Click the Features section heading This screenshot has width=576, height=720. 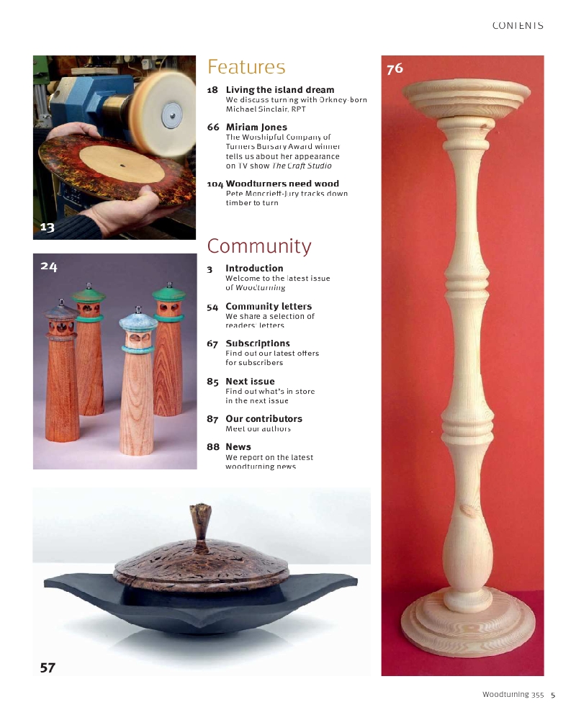[x=246, y=67]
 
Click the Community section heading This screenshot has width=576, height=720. [x=259, y=246]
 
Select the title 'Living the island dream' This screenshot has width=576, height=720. [x=279, y=90]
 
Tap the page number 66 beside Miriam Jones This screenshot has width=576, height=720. [x=213, y=127]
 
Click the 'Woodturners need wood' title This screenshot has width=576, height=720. [x=282, y=184]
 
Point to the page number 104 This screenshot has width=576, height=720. [x=215, y=184]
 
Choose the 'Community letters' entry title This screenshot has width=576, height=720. [x=269, y=306]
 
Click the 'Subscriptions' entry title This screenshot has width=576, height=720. [x=258, y=343]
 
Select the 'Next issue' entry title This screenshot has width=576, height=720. [x=250, y=381]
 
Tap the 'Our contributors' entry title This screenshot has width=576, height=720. [x=264, y=418]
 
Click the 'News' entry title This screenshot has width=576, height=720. [x=238, y=446]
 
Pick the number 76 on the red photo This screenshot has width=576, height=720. [x=395, y=69]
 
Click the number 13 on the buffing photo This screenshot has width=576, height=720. [x=47, y=228]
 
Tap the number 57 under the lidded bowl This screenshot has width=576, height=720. [x=48, y=667]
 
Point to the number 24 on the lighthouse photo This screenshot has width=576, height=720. [x=48, y=266]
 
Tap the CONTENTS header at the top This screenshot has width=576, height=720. [x=518, y=25]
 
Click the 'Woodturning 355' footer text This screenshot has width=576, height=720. [x=513, y=695]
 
